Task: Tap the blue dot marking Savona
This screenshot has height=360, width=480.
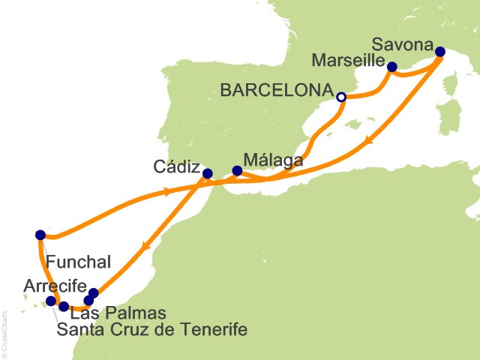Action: [x=439, y=52]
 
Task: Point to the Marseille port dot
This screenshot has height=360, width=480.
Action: [x=391, y=67]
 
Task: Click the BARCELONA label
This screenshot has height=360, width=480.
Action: [x=277, y=90]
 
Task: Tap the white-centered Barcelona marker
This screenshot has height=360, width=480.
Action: [x=341, y=97]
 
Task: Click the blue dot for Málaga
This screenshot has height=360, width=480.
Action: [x=237, y=171]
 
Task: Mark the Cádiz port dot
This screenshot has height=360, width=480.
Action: [x=208, y=174]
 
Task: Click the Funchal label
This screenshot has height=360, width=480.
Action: [x=79, y=262]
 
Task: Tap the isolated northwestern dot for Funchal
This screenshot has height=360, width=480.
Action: [x=40, y=235]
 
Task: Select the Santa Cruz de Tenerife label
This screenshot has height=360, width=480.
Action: [x=151, y=328]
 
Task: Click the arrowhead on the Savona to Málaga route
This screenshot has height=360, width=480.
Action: [x=368, y=141]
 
